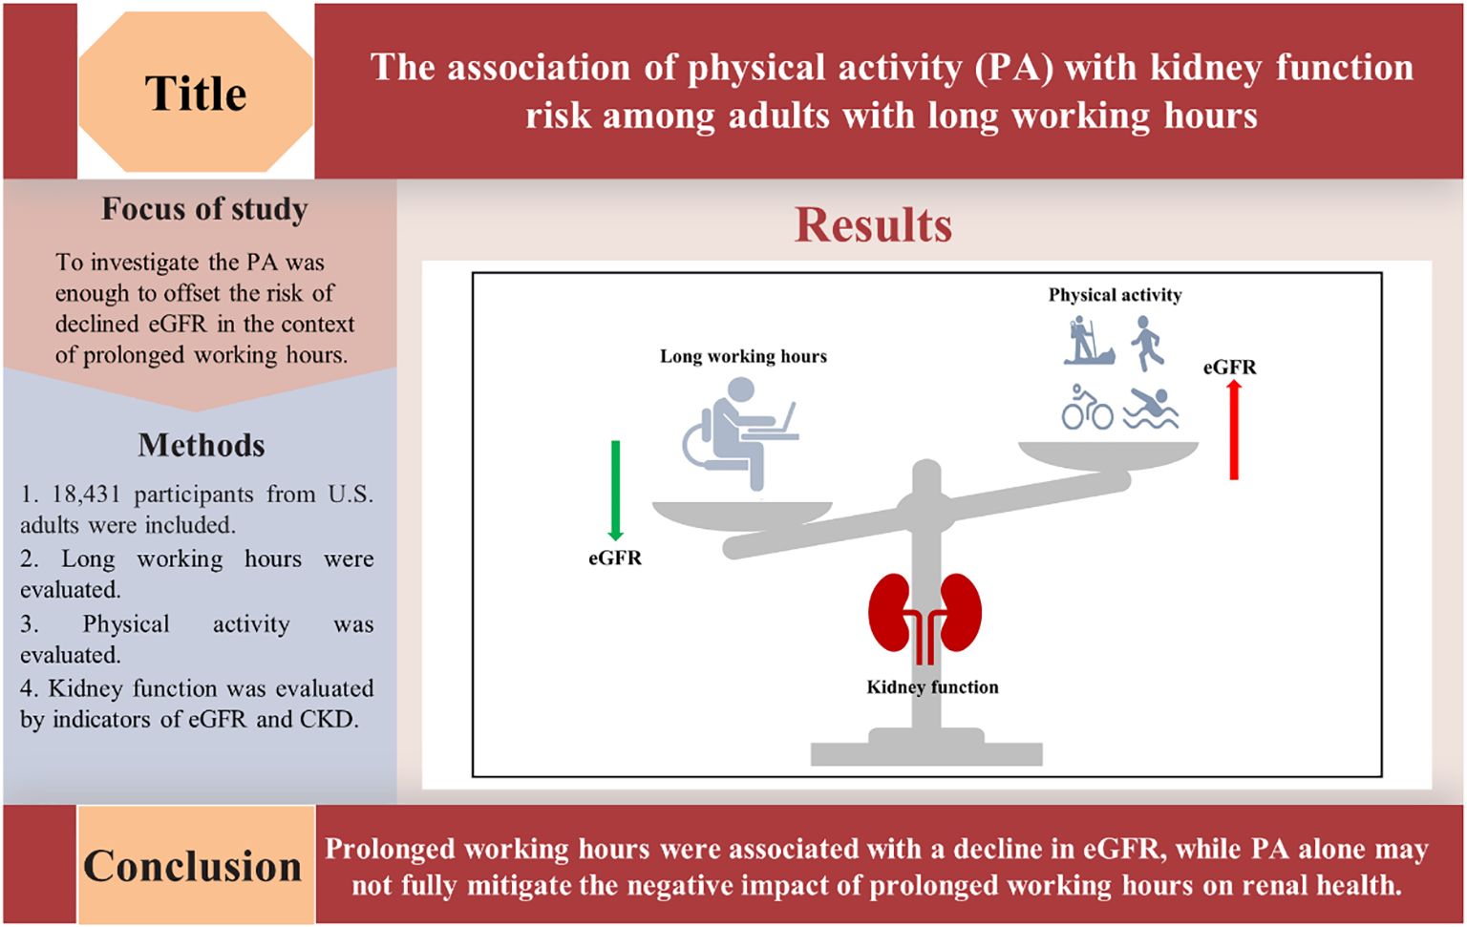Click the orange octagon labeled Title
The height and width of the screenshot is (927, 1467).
(196, 92)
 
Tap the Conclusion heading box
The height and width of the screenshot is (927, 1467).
(196, 865)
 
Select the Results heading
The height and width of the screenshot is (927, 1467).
(874, 225)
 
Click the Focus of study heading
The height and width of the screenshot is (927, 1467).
(204, 209)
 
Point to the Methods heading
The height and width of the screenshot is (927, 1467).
(202, 445)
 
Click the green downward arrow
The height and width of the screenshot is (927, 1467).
(616, 491)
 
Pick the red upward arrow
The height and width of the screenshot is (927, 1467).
(1234, 431)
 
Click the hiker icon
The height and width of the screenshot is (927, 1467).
(1088, 341)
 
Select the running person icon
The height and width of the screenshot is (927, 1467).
(1147, 343)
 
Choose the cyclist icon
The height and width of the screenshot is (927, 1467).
(1087, 408)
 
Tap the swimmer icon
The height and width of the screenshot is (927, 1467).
(1151, 409)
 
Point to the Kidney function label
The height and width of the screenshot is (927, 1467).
(932, 687)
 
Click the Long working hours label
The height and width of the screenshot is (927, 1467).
(743, 356)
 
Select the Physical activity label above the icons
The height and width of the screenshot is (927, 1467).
(1116, 295)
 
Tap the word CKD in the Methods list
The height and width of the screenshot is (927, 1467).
(329, 720)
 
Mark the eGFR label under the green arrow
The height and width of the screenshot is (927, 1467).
(615, 558)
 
